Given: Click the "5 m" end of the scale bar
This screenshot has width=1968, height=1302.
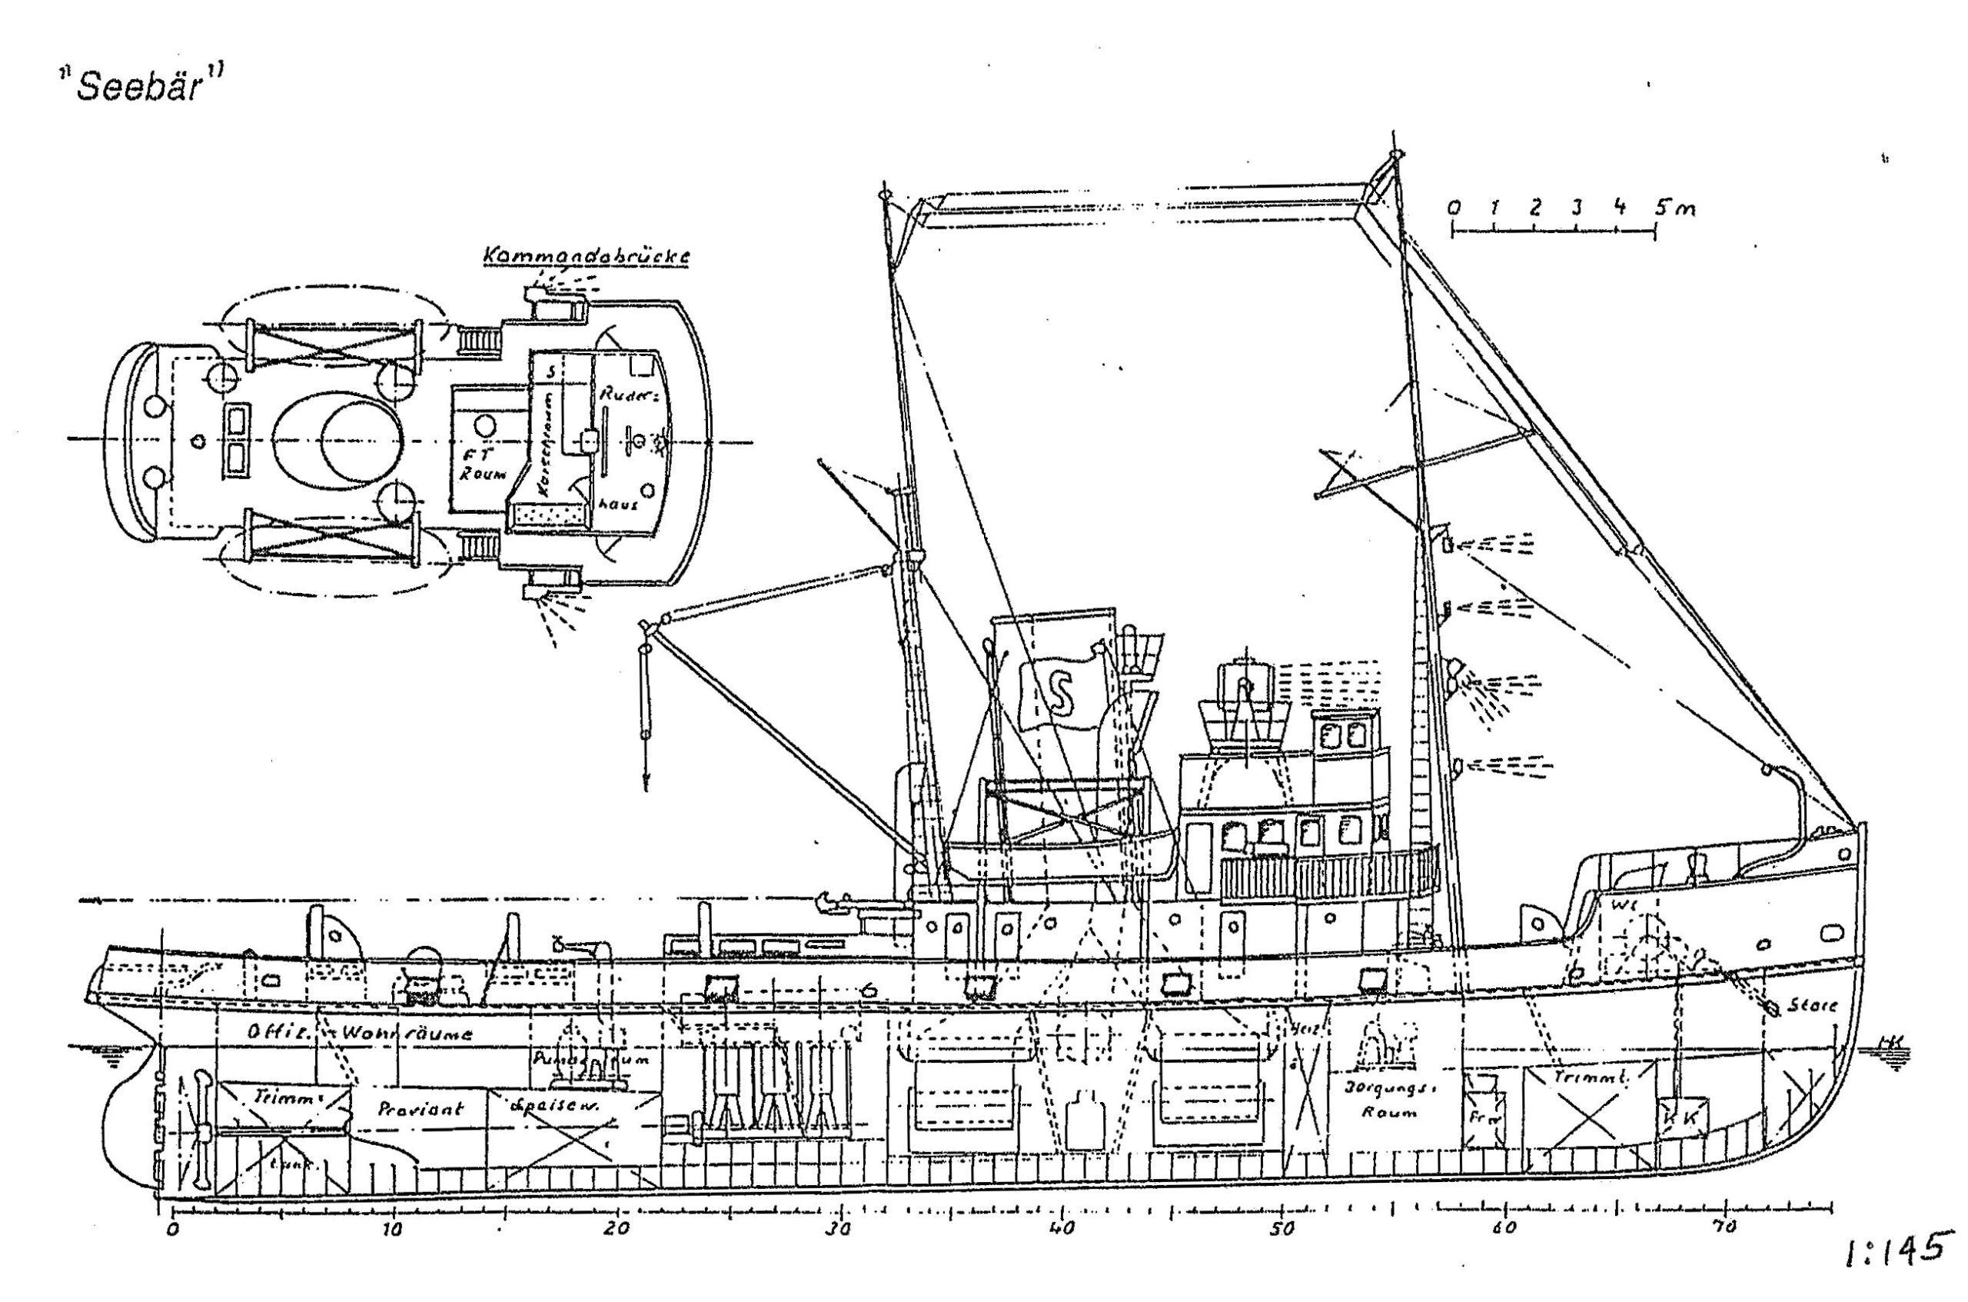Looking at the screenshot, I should point(1674,208).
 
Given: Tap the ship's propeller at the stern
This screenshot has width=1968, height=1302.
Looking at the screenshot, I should point(201,1133).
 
